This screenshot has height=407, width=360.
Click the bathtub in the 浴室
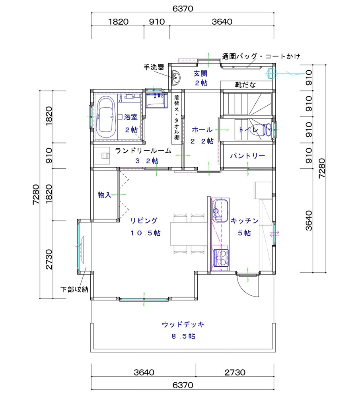pyautogui.click(x=105, y=118)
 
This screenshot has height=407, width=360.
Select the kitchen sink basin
pyautogui.click(x=220, y=211)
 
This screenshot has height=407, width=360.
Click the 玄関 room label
pyautogui.click(x=200, y=74)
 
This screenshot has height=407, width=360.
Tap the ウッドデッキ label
pyautogui.click(x=183, y=324)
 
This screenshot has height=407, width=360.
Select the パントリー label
pyautogui.click(x=247, y=156)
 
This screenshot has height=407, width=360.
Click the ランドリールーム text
pyautogui.click(x=143, y=151)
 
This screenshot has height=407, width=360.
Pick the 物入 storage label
pyautogui.click(x=104, y=195)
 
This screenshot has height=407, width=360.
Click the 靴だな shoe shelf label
pyautogui.click(x=245, y=85)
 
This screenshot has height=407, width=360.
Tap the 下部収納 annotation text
pyautogui.click(x=74, y=289)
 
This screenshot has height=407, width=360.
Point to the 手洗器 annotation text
pyautogui.click(x=154, y=67)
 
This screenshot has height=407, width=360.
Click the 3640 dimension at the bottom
pyautogui.click(x=144, y=372)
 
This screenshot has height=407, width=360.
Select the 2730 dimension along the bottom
pyautogui.click(x=235, y=372)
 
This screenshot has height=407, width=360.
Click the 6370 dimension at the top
pyautogui.click(x=183, y=9)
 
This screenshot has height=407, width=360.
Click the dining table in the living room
pyautogui.click(x=189, y=234)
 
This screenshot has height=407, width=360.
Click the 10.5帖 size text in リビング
pyautogui.click(x=146, y=233)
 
